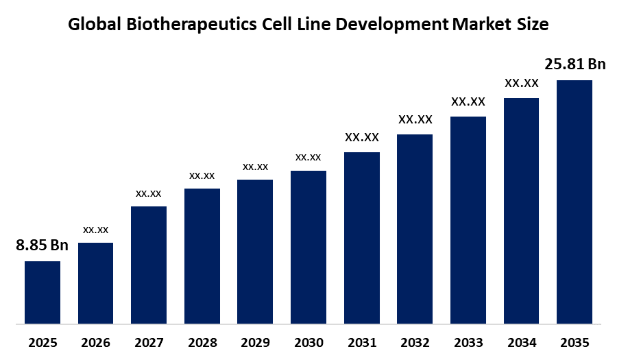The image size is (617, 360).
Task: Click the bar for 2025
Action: (x=43, y=292)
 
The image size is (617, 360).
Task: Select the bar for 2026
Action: (x=95, y=283)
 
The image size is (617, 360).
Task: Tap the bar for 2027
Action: (x=149, y=265)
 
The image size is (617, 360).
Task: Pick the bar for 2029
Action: (x=255, y=251)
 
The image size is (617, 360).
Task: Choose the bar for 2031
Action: (x=361, y=237)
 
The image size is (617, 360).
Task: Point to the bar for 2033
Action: (x=468, y=219)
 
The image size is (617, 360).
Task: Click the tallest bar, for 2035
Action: (x=574, y=202)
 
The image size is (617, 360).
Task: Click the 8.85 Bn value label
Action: (x=43, y=245)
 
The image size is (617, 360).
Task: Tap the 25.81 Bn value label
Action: (x=575, y=64)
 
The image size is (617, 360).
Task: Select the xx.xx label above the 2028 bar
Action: (x=202, y=176)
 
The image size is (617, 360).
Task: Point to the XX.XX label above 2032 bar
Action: (x=415, y=119)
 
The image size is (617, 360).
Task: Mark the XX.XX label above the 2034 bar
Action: (x=521, y=83)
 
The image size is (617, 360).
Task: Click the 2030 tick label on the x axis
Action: (x=308, y=342)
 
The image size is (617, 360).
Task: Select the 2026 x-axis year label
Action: (x=95, y=342)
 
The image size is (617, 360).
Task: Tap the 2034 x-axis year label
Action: (x=521, y=342)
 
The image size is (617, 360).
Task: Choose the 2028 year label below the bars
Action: (x=202, y=342)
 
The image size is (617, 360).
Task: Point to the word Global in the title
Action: (x=92, y=25)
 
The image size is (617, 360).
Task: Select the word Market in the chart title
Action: (x=479, y=25)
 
